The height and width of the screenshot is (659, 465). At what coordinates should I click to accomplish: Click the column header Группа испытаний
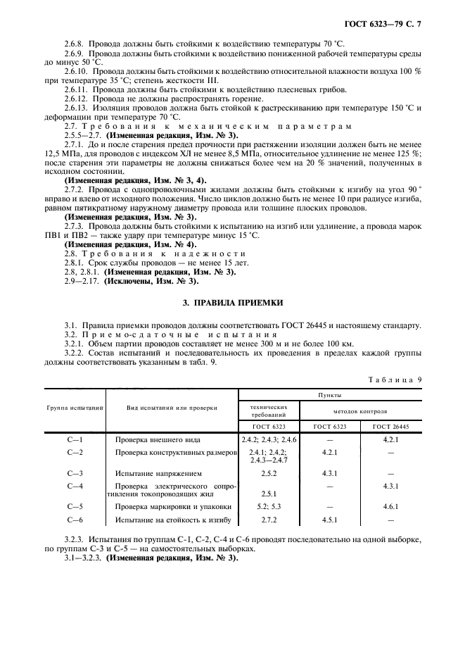(x=75, y=408)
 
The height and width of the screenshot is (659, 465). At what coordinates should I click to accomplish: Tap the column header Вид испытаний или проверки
(x=172, y=408)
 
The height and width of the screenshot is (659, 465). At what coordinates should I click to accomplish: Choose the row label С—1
(x=75, y=439)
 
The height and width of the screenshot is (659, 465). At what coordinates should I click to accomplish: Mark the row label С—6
(x=75, y=520)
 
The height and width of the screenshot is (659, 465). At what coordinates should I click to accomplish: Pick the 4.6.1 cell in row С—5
(x=390, y=507)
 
